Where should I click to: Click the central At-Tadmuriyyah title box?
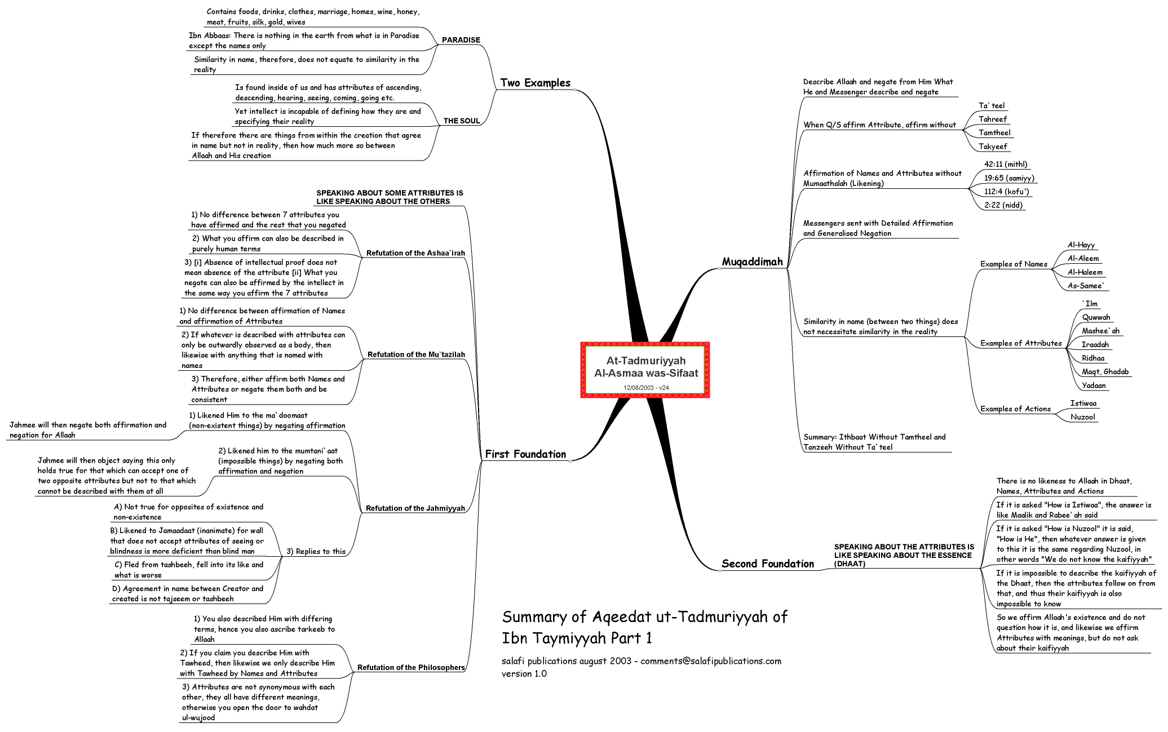(x=645, y=370)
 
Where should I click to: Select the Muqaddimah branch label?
(x=753, y=261)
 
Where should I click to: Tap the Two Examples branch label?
(x=536, y=83)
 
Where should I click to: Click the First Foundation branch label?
(x=525, y=454)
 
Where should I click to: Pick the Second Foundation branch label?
(x=768, y=564)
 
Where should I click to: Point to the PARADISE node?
(x=461, y=40)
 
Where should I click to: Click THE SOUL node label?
(x=462, y=121)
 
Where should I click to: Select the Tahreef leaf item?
(x=993, y=119)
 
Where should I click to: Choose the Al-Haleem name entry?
(x=1085, y=272)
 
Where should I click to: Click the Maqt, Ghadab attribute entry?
(x=1105, y=372)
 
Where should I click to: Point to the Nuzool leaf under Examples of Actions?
(x=1083, y=417)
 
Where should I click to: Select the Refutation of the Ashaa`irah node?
(x=415, y=253)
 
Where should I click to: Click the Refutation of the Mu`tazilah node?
(x=416, y=354)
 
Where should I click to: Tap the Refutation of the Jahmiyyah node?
(x=415, y=508)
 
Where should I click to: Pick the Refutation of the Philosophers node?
(x=411, y=668)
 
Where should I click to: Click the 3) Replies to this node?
(x=316, y=552)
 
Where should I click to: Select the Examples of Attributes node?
(x=1021, y=343)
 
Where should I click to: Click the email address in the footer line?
(x=711, y=661)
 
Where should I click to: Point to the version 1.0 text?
(x=524, y=673)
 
